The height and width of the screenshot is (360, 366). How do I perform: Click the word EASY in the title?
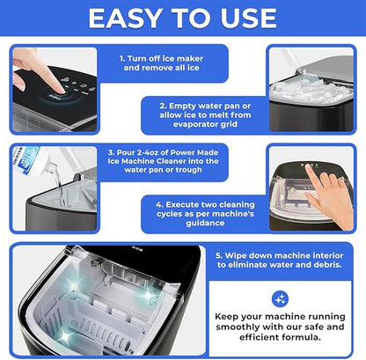tap(126, 18)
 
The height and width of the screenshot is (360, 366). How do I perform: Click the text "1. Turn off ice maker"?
tap(161, 58)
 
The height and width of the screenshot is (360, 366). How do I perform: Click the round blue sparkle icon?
tap(280, 299)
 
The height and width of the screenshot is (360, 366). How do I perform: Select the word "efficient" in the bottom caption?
tap(258, 337)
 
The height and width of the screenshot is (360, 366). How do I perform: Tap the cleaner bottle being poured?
tap(28, 161)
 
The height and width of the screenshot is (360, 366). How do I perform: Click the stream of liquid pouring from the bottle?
tap(60, 187)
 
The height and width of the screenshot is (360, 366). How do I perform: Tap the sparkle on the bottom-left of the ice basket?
tap(65, 337)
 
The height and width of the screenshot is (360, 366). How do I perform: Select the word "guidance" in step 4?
tap(205, 223)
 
